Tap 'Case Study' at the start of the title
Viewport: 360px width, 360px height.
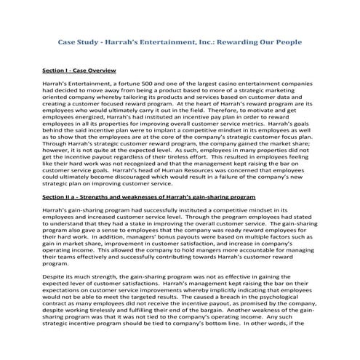(78, 43)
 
